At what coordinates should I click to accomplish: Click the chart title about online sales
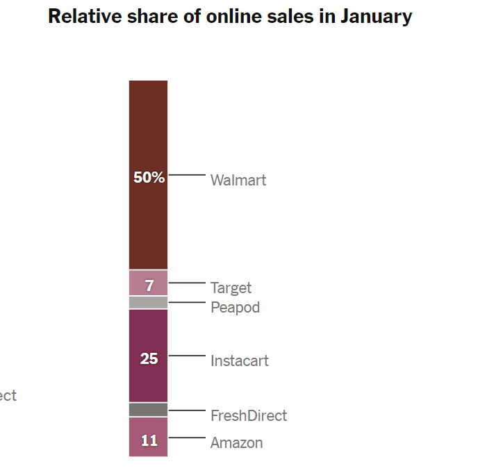(x=230, y=17)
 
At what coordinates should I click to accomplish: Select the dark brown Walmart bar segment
(x=148, y=125)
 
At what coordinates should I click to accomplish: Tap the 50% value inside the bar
(x=149, y=177)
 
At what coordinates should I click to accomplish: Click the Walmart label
(x=238, y=181)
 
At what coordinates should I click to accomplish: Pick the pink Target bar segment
(x=139, y=283)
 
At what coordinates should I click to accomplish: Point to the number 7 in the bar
(x=149, y=285)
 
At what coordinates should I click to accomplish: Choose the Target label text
(x=231, y=288)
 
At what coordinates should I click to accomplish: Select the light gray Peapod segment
(x=148, y=303)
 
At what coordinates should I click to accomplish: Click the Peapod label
(x=235, y=307)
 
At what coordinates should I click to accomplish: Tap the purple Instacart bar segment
(x=148, y=333)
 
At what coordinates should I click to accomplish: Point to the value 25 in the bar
(x=149, y=359)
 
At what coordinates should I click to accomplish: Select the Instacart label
(x=239, y=361)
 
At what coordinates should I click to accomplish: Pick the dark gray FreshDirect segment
(x=148, y=410)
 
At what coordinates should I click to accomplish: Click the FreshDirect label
(x=248, y=416)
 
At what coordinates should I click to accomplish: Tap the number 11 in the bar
(x=149, y=440)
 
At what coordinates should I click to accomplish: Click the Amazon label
(x=236, y=443)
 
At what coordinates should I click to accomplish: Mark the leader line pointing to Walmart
(x=187, y=175)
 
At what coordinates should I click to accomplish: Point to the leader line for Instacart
(x=187, y=356)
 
